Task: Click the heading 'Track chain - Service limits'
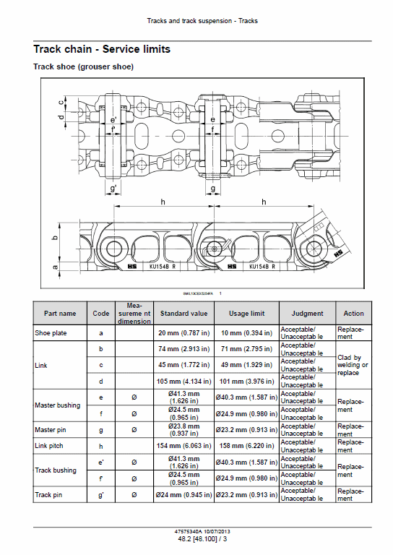[102, 49]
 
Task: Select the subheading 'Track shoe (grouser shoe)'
[83, 66]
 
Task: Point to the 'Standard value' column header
[183, 314]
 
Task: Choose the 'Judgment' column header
[307, 314]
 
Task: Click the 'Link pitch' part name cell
[50, 445]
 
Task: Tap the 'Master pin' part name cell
[51, 430]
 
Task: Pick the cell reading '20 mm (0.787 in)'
[183, 333]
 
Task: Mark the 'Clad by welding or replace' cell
[353, 366]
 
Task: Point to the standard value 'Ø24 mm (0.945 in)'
[183, 495]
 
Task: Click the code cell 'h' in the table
[100, 445]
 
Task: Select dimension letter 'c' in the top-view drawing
[61, 100]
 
